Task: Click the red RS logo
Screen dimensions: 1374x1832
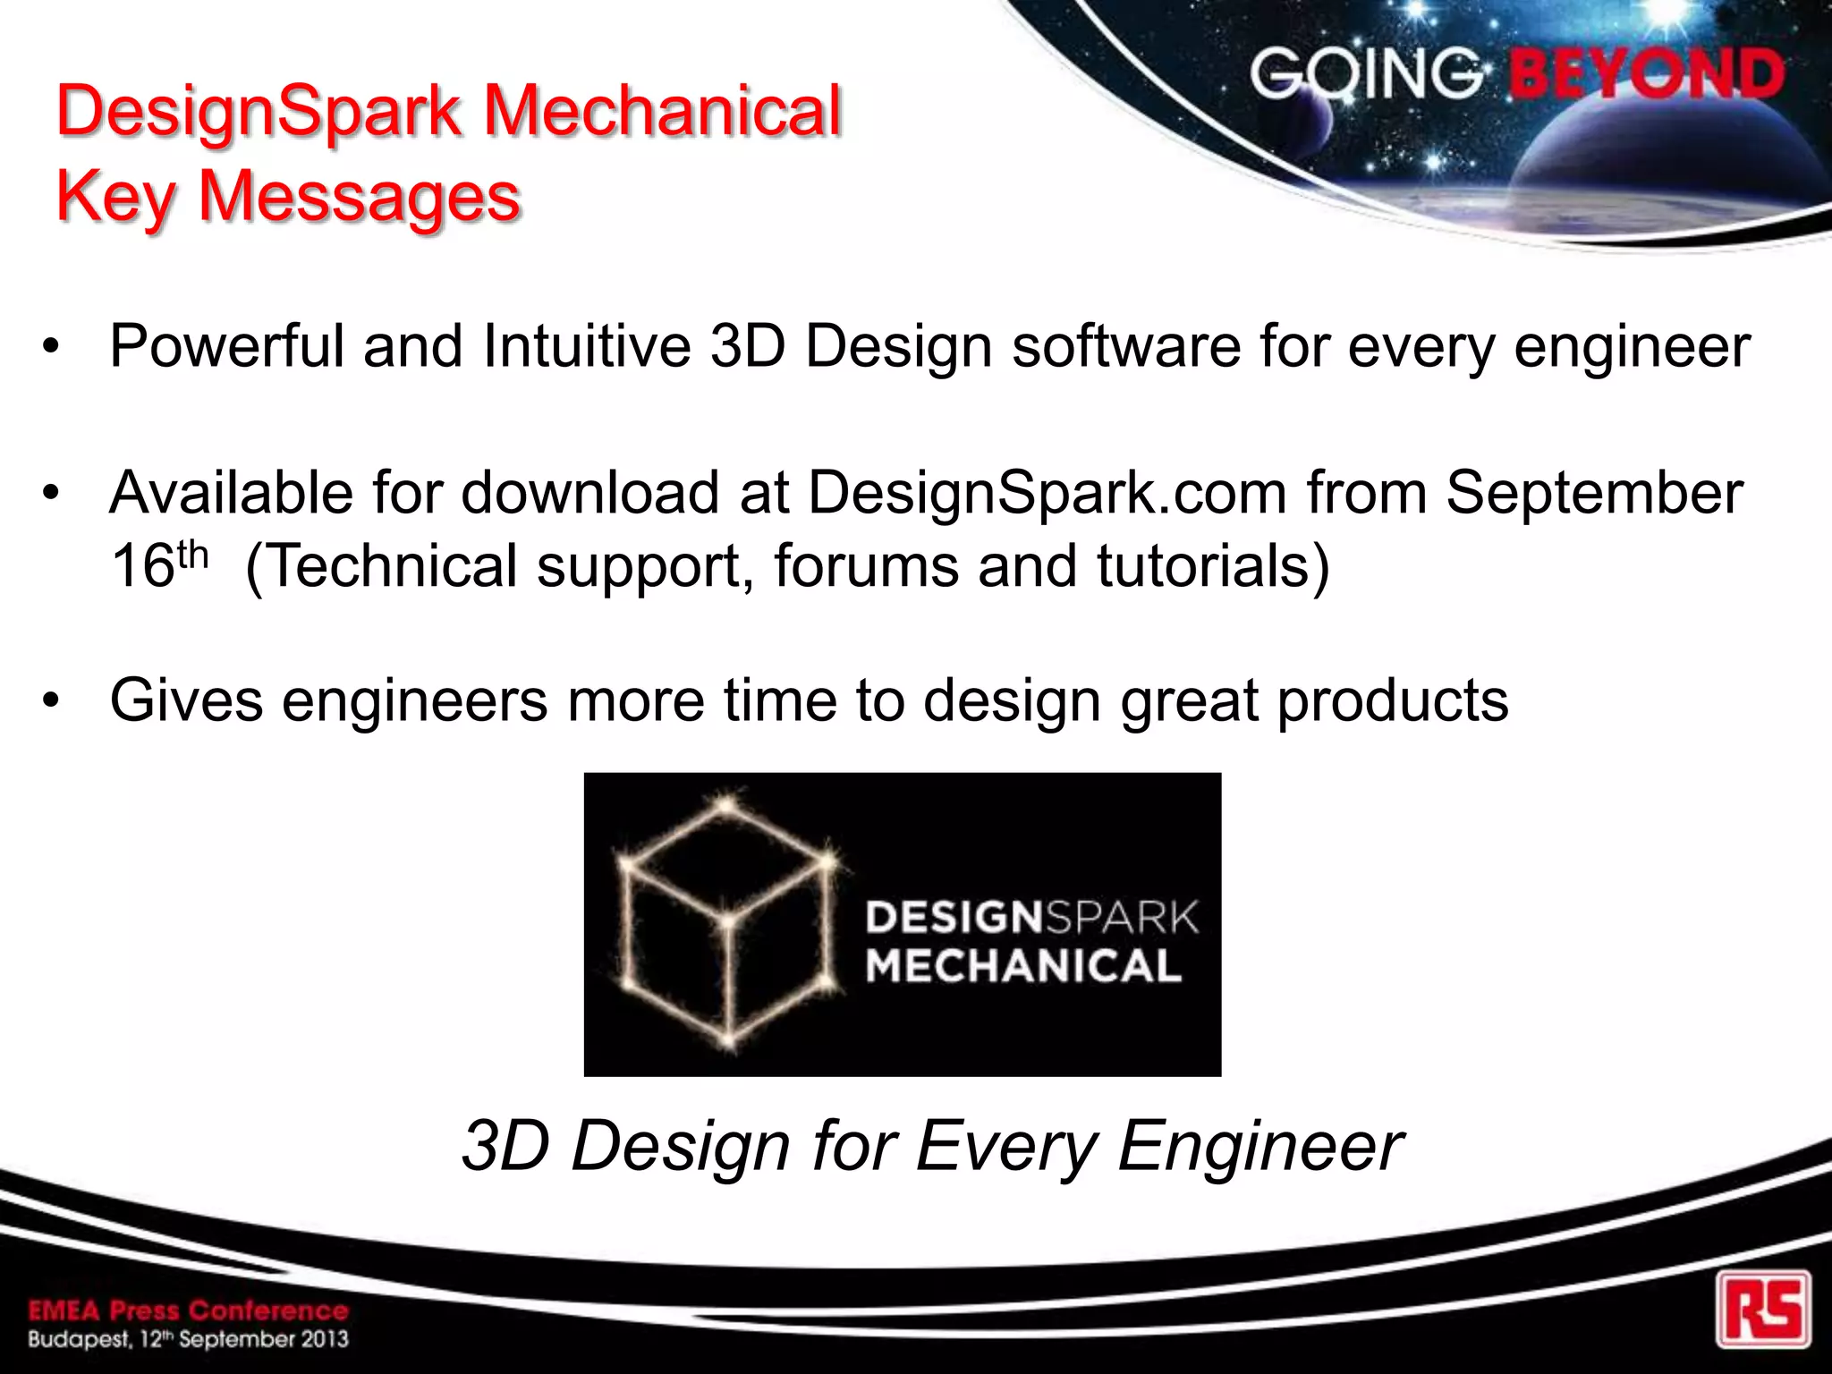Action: [x=1763, y=1309]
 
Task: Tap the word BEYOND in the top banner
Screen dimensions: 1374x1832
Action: [x=1647, y=74]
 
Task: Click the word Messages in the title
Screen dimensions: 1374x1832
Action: [x=360, y=197]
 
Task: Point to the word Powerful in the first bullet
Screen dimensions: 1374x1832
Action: [x=226, y=346]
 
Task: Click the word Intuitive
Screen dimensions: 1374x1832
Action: [x=587, y=346]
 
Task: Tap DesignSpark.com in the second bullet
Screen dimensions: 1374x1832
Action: [x=1047, y=494]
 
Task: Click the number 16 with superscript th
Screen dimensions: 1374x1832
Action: [x=159, y=565]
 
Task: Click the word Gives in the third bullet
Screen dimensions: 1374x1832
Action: [x=186, y=700]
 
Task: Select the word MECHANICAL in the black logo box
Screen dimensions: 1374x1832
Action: [x=1024, y=966]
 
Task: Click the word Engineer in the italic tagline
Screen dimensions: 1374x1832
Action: [x=1260, y=1146]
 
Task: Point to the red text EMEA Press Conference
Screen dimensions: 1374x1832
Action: [x=188, y=1311]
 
